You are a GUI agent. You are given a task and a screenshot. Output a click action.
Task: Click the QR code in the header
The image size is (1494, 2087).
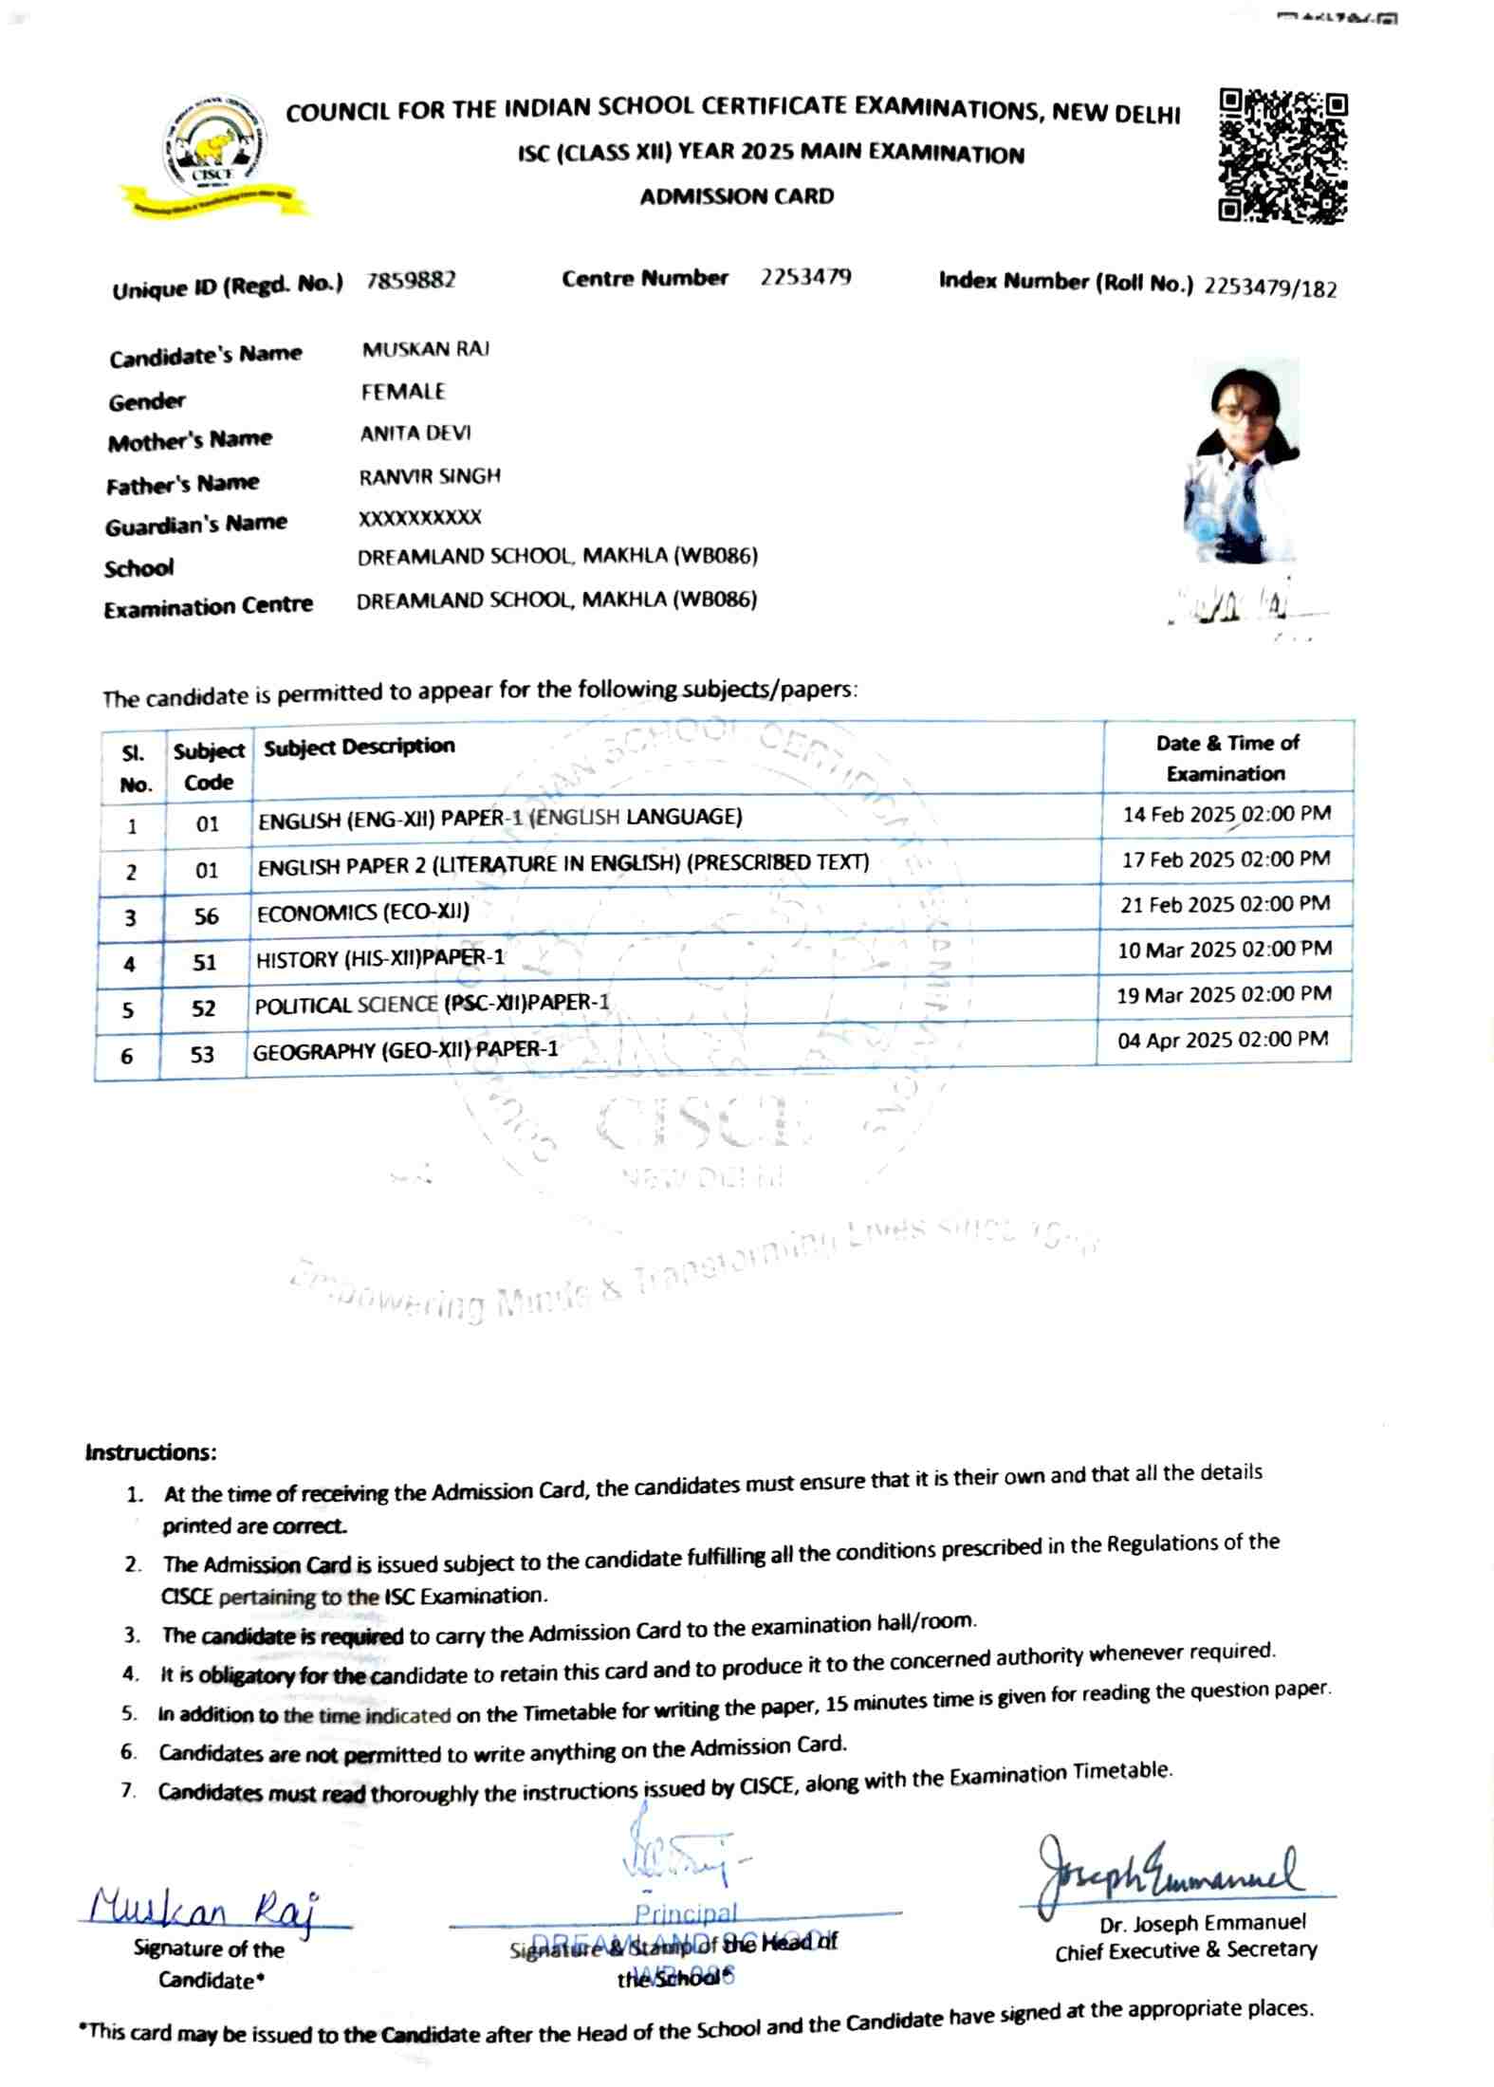1282,156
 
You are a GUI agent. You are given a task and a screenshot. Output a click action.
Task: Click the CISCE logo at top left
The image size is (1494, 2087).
215,157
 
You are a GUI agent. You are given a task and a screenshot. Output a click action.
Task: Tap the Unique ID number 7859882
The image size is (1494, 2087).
411,281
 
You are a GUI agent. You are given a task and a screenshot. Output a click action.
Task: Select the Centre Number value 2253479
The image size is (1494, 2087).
805,277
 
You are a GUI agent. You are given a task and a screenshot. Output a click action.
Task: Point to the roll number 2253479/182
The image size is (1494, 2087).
1270,287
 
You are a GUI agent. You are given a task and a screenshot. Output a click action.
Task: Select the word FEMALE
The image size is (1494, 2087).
403,391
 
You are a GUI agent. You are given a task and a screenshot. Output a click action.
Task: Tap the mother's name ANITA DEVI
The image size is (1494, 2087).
415,434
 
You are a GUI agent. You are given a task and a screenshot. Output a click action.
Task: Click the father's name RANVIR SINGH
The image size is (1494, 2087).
429,476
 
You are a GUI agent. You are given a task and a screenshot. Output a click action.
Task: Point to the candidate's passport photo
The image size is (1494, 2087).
1241,462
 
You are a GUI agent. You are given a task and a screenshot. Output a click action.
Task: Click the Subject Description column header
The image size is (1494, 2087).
360,747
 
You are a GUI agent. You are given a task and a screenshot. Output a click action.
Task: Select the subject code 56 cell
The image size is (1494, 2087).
206,916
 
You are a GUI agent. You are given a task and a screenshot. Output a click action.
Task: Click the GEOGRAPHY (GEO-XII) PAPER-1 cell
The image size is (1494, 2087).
406,1050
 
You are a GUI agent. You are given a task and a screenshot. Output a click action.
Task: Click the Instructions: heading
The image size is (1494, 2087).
151,1452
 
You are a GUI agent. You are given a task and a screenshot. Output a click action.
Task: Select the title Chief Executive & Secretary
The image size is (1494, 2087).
1186,1950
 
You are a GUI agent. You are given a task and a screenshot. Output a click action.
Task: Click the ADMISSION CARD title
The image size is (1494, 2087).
736,196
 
